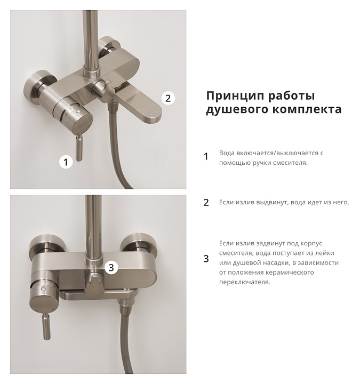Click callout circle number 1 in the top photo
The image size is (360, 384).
tap(66, 162)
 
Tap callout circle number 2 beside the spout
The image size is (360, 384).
tap(168, 98)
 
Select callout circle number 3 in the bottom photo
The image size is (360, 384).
tap(111, 267)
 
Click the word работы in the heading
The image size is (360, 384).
tap(291, 96)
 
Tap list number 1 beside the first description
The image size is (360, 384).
tap(206, 156)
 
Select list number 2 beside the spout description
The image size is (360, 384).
tap(206, 203)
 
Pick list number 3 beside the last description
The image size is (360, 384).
tap(206, 259)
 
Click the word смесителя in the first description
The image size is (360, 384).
tap(292, 163)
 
